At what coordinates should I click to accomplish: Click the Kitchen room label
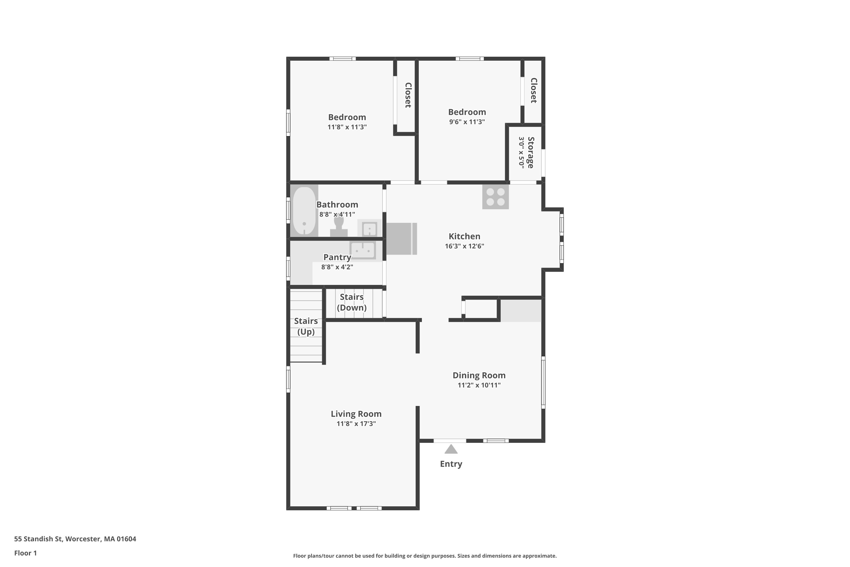464,236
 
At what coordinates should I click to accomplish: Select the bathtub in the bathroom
304,211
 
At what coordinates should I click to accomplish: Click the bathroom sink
369,229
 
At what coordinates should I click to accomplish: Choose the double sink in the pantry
362,250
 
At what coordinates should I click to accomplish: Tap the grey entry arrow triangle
451,449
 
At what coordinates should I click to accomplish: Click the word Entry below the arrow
451,464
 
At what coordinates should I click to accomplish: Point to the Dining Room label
479,375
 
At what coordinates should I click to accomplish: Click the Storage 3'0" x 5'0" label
526,152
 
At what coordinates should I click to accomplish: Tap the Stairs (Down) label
352,302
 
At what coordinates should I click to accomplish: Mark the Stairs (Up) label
306,326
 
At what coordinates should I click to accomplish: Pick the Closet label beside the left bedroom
408,95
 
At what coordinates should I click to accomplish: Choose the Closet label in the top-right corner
534,90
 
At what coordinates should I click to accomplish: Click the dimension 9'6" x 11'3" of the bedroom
467,122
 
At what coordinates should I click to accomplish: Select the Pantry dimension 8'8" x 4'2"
337,267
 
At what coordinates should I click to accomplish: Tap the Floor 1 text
25,553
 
